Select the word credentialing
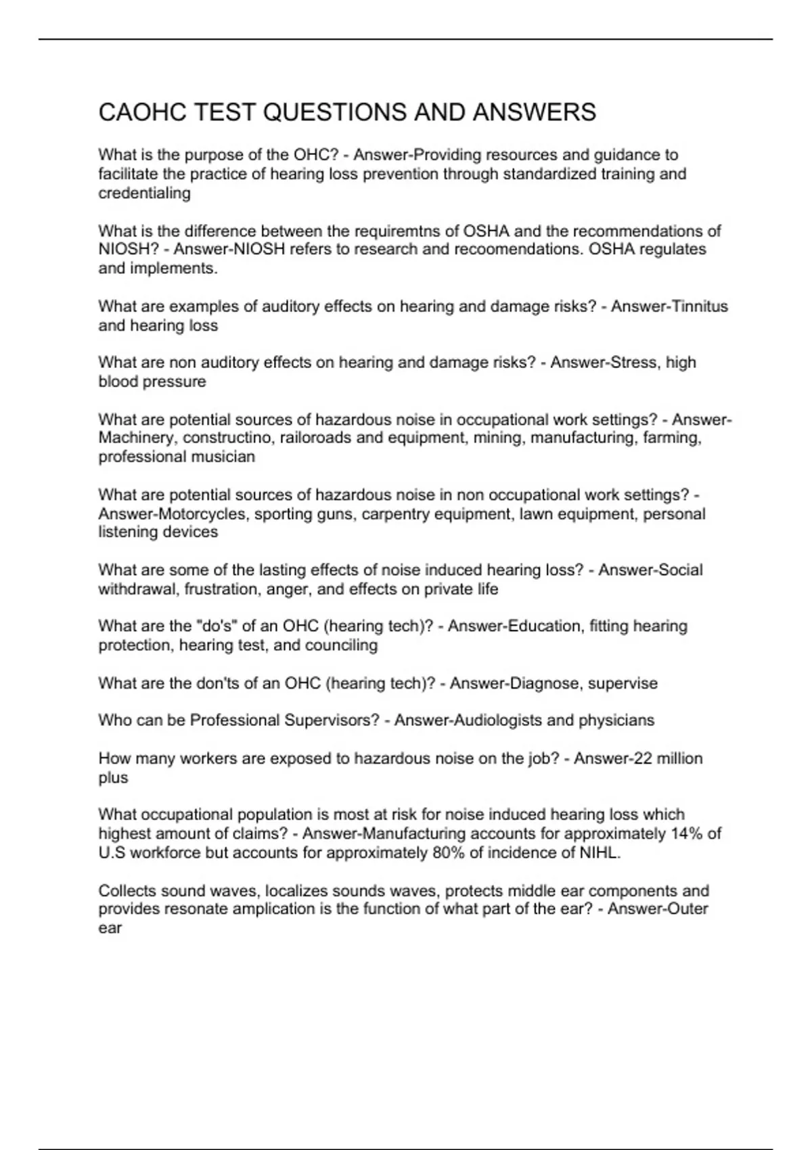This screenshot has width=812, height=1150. coord(144,193)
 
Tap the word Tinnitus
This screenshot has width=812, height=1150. coord(699,306)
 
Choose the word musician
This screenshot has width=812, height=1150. coord(219,457)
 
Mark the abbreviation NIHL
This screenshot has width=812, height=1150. coord(599,853)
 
